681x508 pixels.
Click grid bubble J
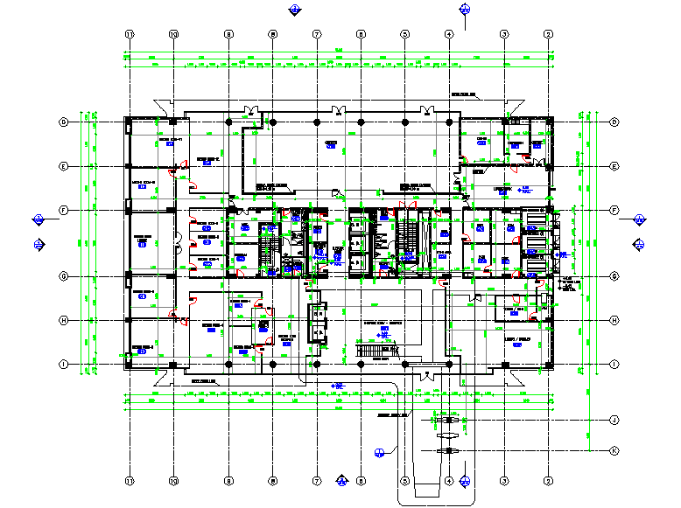point(614,421)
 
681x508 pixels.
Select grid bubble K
point(614,450)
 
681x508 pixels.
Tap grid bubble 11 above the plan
point(130,34)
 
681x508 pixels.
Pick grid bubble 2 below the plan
point(549,481)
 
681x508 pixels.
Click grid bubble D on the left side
point(64,122)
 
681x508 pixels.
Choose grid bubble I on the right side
point(614,365)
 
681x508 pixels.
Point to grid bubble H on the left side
point(64,320)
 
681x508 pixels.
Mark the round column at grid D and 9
point(228,122)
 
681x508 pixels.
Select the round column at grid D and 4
point(449,122)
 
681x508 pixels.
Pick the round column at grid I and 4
point(449,365)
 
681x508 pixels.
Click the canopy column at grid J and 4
point(449,421)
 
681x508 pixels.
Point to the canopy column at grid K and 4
point(449,450)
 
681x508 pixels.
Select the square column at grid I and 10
point(173,365)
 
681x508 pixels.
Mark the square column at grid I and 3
point(505,365)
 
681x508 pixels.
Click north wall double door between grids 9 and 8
point(251,110)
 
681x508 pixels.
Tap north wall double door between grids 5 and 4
point(427,110)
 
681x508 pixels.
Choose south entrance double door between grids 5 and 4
point(427,375)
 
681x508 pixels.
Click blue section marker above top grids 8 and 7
point(295,10)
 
